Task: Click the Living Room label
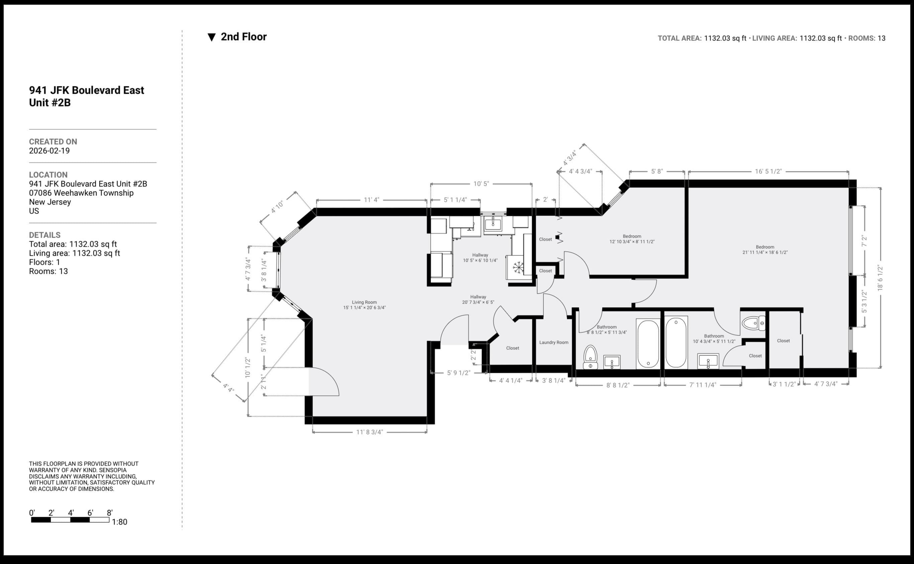[x=364, y=305]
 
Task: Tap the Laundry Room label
[x=554, y=342]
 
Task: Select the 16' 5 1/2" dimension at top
[x=768, y=172]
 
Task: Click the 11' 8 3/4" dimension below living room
[x=369, y=432]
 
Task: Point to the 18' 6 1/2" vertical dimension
[x=880, y=278]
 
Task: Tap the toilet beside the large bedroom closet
[x=753, y=323]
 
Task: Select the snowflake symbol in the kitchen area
[x=518, y=267]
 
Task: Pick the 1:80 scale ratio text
[x=119, y=522]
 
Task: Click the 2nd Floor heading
[x=244, y=37]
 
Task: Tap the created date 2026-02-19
[x=49, y=151]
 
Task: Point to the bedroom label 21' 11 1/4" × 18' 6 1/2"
[x=765, y=250]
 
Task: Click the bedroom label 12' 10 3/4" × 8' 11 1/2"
[x=632, y=239]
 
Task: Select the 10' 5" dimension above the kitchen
[x=481, y=184]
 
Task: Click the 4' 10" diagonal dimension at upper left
[x=277, y=207]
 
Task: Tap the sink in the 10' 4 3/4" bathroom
[x=708, y=361]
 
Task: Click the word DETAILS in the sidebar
[x=44, y=235]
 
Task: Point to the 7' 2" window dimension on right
[x=864, y=241]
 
